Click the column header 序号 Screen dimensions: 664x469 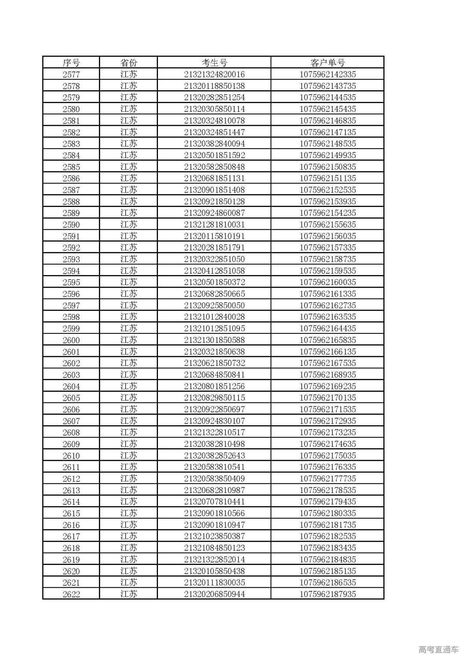click(x=71, y=63)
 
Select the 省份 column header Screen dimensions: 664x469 click(x=128, y=63)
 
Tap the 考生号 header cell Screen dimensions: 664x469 click(x=214, y=63)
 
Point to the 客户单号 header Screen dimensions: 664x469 click(x=328, y=63)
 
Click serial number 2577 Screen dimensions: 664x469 click(x=71, y=74)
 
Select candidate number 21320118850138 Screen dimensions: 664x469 click(x=214, y=86)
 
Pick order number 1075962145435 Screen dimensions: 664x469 click(x=328, y=109)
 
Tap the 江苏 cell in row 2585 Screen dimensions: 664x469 click(x=128, y=167)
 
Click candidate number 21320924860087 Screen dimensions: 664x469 click(x=214, y=213)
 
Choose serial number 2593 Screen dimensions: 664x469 click(x=71, y=259)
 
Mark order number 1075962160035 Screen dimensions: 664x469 click(x=328, y=282)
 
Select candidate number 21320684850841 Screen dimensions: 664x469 click(x=214, y=375)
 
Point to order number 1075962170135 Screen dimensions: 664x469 click(x=328, y=398)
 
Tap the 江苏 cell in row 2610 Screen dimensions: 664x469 click(x=128, y=456)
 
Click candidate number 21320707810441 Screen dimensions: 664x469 click(x=214, y=502)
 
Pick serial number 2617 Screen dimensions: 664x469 click(x=71, y=537)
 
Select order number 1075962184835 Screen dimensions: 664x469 click(x=328, y=560)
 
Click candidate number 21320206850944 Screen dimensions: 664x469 click(x=214, y=594)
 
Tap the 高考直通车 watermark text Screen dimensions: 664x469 click(x=438, y=650)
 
